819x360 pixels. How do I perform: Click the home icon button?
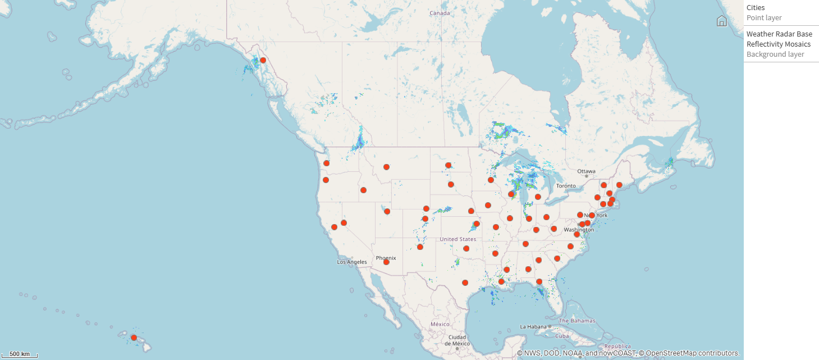722,21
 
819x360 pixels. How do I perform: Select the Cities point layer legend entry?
763,12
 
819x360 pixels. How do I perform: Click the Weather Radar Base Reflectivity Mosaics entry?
779,39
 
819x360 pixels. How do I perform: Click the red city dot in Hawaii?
134,338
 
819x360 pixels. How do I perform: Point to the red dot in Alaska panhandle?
263,60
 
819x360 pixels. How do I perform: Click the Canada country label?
440,13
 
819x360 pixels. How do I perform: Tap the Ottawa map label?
586,171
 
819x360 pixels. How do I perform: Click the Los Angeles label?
352,262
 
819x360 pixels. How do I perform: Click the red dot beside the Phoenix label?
386,262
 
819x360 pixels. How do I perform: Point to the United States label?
457,239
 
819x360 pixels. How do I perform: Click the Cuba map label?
562,336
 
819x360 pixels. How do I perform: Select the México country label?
440,324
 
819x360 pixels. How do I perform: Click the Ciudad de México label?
457,340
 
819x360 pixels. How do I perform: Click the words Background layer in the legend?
775,54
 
